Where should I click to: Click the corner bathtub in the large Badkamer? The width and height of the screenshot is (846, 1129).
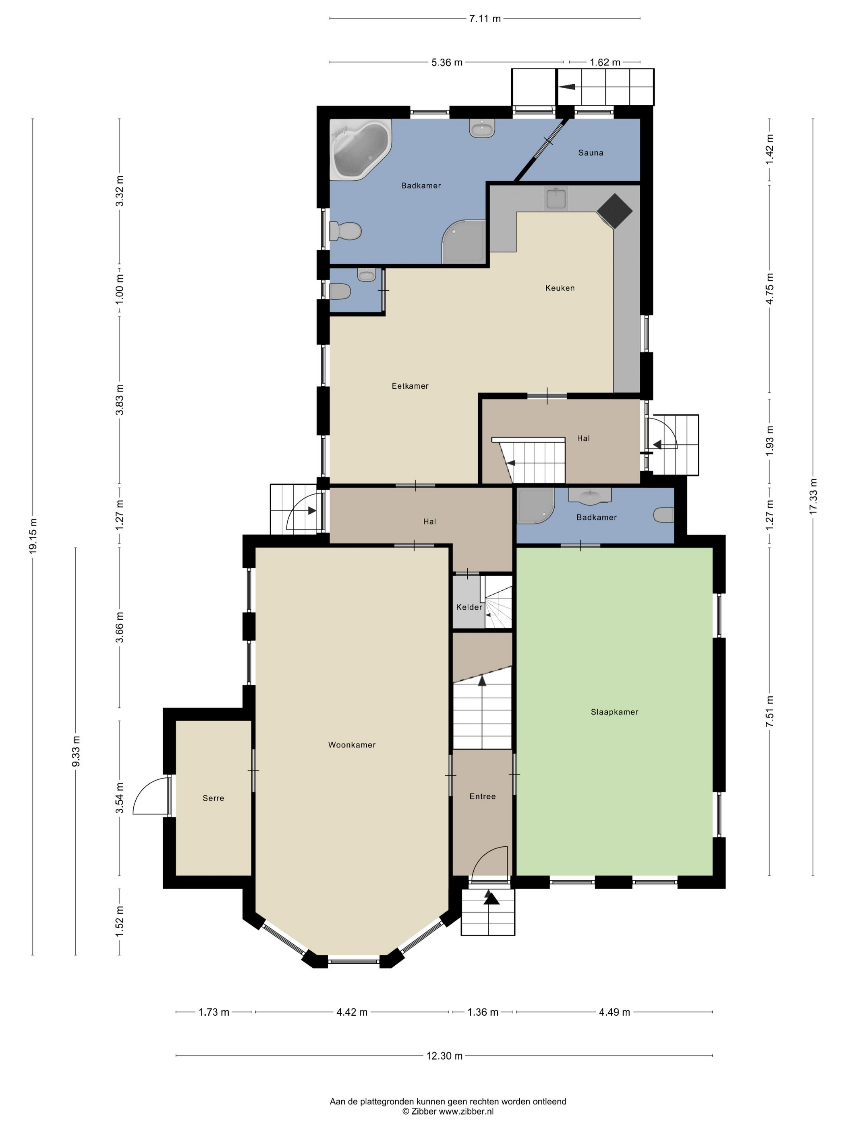point(360,149)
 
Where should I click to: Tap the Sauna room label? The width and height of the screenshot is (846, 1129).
point(591,152)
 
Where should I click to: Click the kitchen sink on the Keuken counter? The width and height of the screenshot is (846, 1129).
point(555,198)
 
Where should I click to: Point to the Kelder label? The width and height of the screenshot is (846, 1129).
point(469,607)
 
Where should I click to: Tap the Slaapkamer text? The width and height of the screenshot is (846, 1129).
point(614,712)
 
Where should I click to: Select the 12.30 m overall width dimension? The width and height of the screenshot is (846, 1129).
point(445,1056)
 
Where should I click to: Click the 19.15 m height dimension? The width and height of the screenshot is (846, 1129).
point(33,535)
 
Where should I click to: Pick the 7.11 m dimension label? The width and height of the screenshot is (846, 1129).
point(485,19)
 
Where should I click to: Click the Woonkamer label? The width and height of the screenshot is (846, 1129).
point(352,745)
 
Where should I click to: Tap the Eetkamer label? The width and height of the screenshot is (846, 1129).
point(410,386)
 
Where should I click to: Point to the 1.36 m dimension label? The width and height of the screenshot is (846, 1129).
point(482,1012)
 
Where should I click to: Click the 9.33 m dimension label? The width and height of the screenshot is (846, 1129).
point(76,751)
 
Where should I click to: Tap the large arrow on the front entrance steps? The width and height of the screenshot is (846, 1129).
point(491,899)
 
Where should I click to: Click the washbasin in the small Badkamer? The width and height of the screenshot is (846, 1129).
point(590,495)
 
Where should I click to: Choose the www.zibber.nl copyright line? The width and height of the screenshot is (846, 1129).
point(448,1111)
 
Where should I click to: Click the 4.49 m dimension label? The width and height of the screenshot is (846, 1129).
point(614,1012)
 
